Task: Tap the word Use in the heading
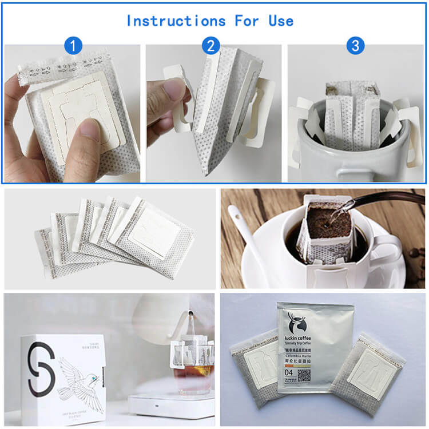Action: point(281,21)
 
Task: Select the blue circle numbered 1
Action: point(73,46)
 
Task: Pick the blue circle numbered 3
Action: point(355,46)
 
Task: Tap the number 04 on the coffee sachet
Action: point(288,373)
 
